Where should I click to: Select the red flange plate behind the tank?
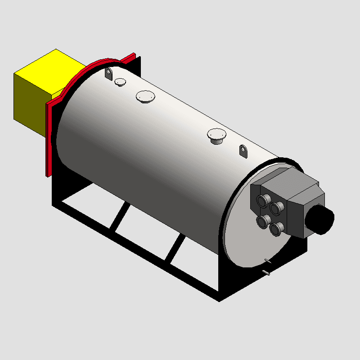[50, 135]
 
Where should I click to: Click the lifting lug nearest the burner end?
[243, 151]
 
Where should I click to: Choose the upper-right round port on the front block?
[277, 208]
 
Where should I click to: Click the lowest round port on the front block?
[277, 229]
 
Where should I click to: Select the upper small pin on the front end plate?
[269, 261]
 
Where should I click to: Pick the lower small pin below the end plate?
[266, 273]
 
